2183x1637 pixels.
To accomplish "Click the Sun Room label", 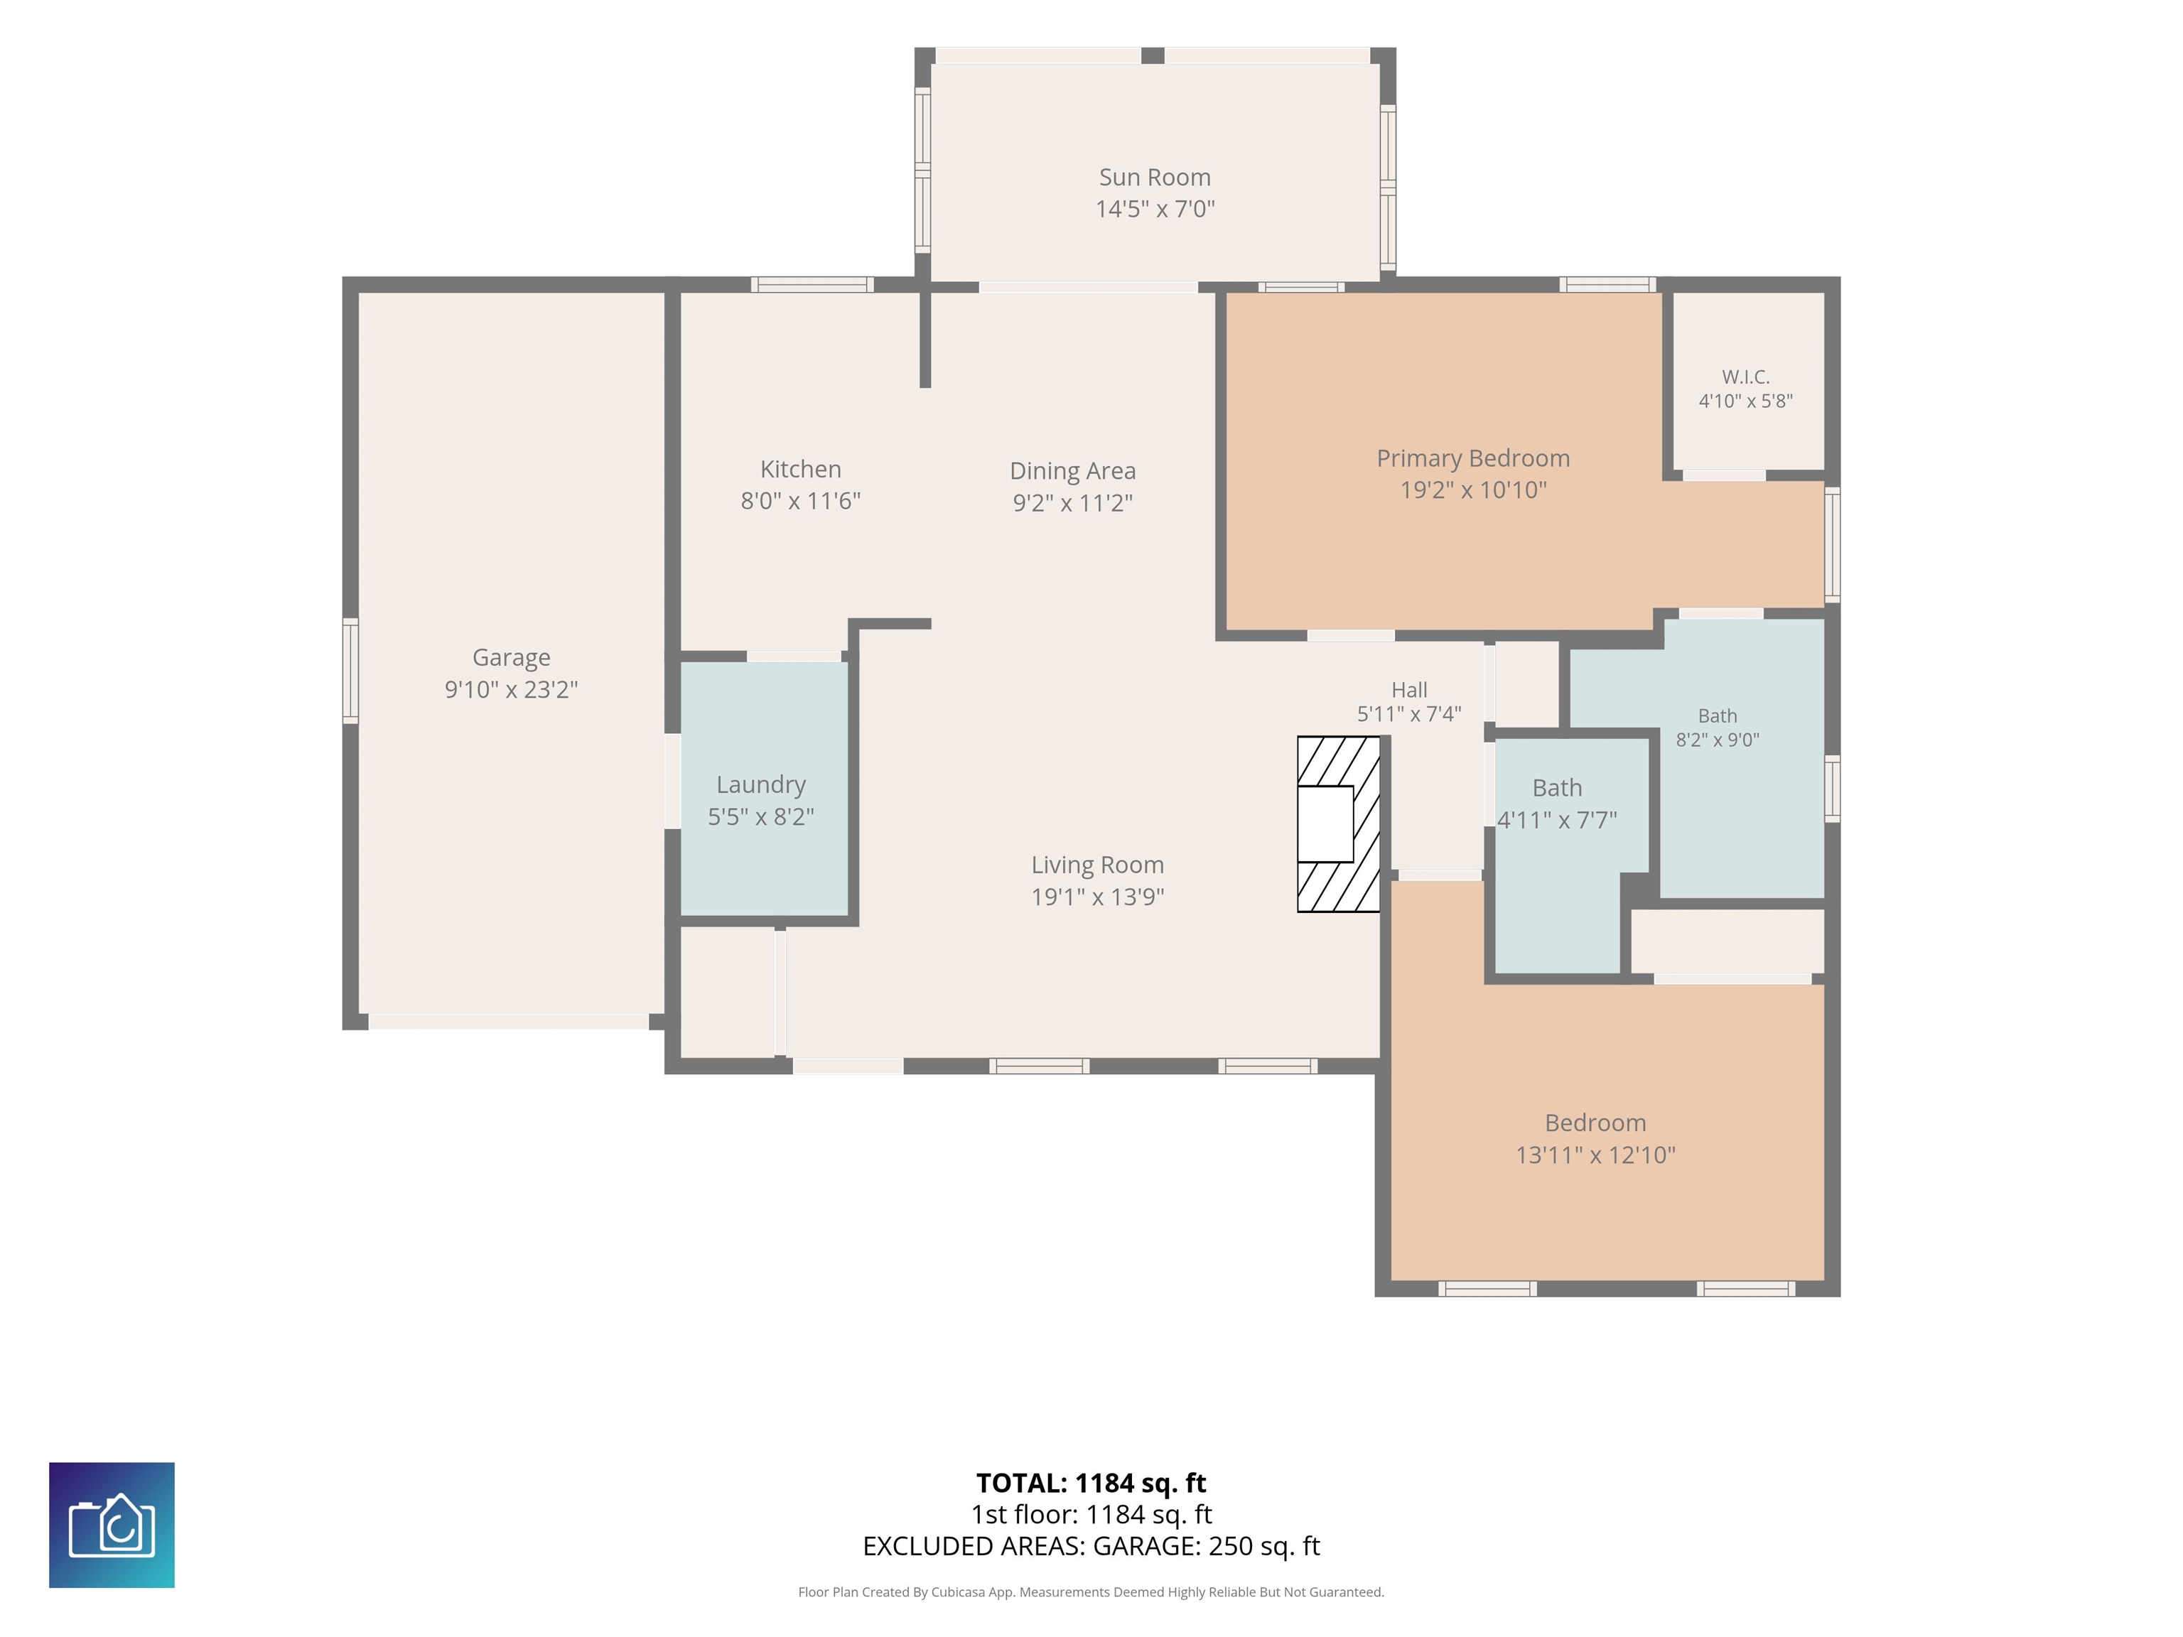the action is tap(1155, 178).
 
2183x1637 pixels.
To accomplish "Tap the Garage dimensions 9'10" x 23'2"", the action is tap(511, 688).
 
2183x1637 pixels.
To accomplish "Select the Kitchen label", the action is tap(800, 470).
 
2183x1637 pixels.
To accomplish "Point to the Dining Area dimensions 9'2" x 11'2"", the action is tap(1073, 503).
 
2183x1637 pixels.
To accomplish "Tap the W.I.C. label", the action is tap(1746, 377).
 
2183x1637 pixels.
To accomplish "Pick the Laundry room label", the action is tap(761, 785).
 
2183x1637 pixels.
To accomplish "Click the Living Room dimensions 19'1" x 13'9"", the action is tap(1097, 897).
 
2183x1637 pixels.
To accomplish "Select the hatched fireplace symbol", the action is tap(1338, 824).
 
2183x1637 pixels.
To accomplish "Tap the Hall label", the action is tap(1409, 690).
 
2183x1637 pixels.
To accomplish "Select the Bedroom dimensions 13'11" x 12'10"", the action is tap(1596, 1155).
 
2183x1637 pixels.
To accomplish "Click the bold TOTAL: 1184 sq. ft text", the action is tap(1091, 1483).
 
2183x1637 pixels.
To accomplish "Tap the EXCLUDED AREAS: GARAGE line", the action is tap(1091, 1546).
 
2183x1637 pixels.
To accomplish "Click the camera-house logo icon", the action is tap(112, 1525).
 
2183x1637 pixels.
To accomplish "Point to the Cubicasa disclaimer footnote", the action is tap(1091, 1592).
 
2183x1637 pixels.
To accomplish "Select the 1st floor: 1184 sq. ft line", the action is tap(1091, 1515).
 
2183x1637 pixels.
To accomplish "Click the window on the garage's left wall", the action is tap(350, 671).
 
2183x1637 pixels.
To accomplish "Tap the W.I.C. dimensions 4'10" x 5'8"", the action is tap(1746, 401).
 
